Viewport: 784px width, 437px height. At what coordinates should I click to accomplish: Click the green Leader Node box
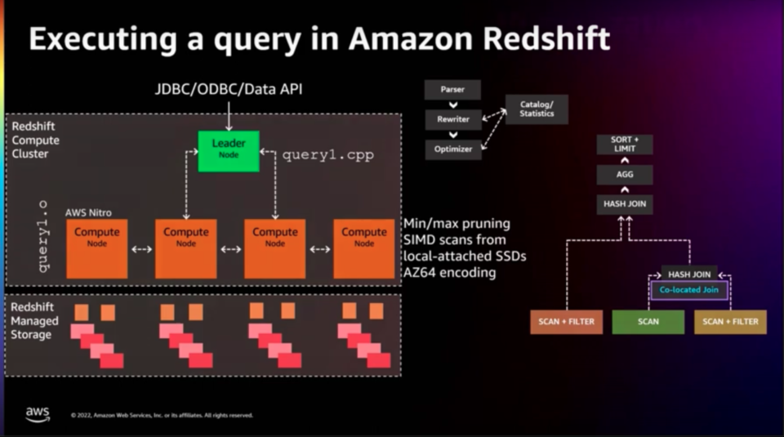(x=229, y=150)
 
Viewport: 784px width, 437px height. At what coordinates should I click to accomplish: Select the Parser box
(x=452, y=89)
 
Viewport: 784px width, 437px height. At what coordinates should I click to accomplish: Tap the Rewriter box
(x=452, y=119)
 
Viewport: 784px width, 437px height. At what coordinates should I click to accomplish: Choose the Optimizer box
(x=452, y=149)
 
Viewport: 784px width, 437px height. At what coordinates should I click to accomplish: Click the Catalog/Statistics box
(x=537, y=109)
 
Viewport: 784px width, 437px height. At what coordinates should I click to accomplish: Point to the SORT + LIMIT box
(x=624, y=145)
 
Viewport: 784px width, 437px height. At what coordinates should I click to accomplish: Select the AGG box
(x=624, y=174)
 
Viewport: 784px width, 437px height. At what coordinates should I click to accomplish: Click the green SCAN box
(x=648, y=322)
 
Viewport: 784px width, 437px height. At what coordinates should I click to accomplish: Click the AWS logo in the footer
(x=38, y=414)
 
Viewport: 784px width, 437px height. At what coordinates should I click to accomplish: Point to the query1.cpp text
(x=327, y=155)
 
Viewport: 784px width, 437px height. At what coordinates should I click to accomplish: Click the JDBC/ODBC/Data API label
(x=229, y=88)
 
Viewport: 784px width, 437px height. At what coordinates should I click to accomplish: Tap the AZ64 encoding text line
(x=450, y=272)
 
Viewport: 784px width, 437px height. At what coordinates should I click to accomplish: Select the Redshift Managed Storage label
(x=34, y=320)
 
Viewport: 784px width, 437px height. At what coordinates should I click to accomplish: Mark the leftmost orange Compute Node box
(x=96, y=248)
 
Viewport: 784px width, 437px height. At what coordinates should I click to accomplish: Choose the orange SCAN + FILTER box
(x=566, y=322)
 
